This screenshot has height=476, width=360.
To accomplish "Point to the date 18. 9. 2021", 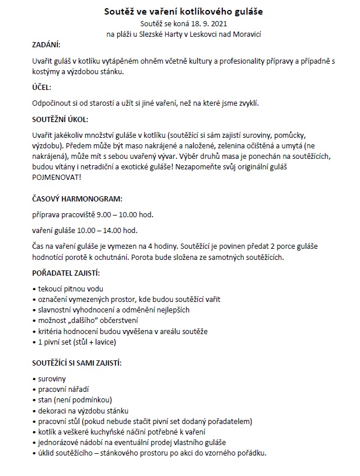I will coord(207,23).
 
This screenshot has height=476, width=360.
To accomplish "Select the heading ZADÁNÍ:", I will coord(46,44).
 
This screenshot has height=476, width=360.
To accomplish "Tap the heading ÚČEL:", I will coord(41,87).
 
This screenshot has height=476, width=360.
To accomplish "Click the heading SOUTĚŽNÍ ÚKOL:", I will coord(60,119).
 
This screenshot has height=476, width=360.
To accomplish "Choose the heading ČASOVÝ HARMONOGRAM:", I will coord(77,199).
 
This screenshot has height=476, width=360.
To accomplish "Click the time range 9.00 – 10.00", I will coord(120,214).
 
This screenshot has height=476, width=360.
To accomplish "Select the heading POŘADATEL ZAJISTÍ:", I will coord(66,273).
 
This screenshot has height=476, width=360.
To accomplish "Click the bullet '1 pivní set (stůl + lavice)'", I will coord(76,342).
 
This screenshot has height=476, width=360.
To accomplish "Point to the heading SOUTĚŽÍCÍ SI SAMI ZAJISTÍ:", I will coord(76,363).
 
